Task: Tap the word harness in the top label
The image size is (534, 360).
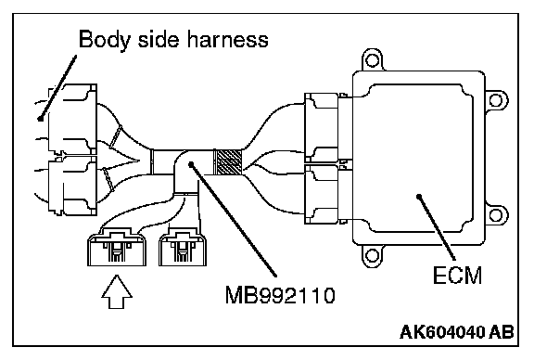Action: pyautogui.click(x=228, y=39)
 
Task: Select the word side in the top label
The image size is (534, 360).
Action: pyautogui.click(x=159, y=39)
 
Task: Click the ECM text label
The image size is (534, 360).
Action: pyautogui.click(x=457, y=276)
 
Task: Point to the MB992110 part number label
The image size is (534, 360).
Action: pyautogui.click(x=280, y=295)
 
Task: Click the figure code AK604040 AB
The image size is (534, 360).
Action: pyautogui.click(x=457, y=332)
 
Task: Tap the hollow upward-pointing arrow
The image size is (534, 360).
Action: pyautogui.click(x=117, y=292)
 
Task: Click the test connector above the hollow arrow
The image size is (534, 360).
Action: pyautogui.click(x=117, y=247)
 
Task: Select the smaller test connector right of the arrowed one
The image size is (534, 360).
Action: pyautogui.click(x=183, y=248)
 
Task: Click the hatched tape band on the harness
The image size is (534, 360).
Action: pyautogui.click(x=227, y=162)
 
